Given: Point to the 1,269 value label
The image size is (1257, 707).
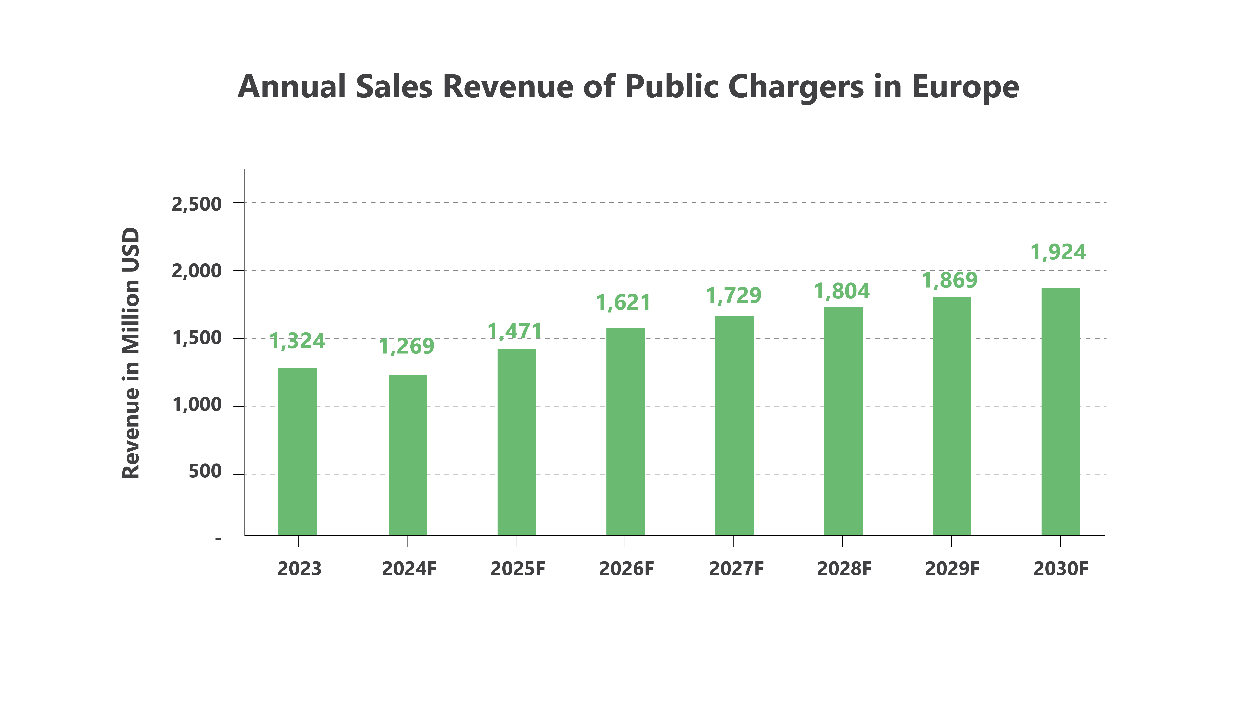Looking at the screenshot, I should click(406, 346).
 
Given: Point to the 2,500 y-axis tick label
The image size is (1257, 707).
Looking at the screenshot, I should click(197, 204).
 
